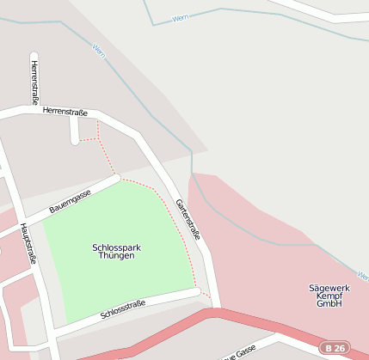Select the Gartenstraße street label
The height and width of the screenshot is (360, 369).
pyautogui.click(x=188, y=219)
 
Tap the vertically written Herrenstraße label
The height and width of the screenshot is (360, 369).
pyautogui.click(x=34, y=82)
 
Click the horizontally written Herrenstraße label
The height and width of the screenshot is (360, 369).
pyautogui.click(x=65, y=112)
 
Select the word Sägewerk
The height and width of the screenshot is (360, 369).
pyautogui.click(x=329, y=287)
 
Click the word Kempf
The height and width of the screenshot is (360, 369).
pyautogui.click(x=329, y=296)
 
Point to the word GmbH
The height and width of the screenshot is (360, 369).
pyautogui.click(x=329, y=304)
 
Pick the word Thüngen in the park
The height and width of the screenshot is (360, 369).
pyautogui.click(x=116, y=256)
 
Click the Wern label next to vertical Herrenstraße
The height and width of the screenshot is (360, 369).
pyautogui.click(x=98, y=51)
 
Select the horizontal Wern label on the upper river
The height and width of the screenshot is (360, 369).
pyautogui.click(x=180, y=18)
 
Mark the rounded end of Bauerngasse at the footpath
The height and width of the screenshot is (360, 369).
pyautogui.click(x=117, y=179)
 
